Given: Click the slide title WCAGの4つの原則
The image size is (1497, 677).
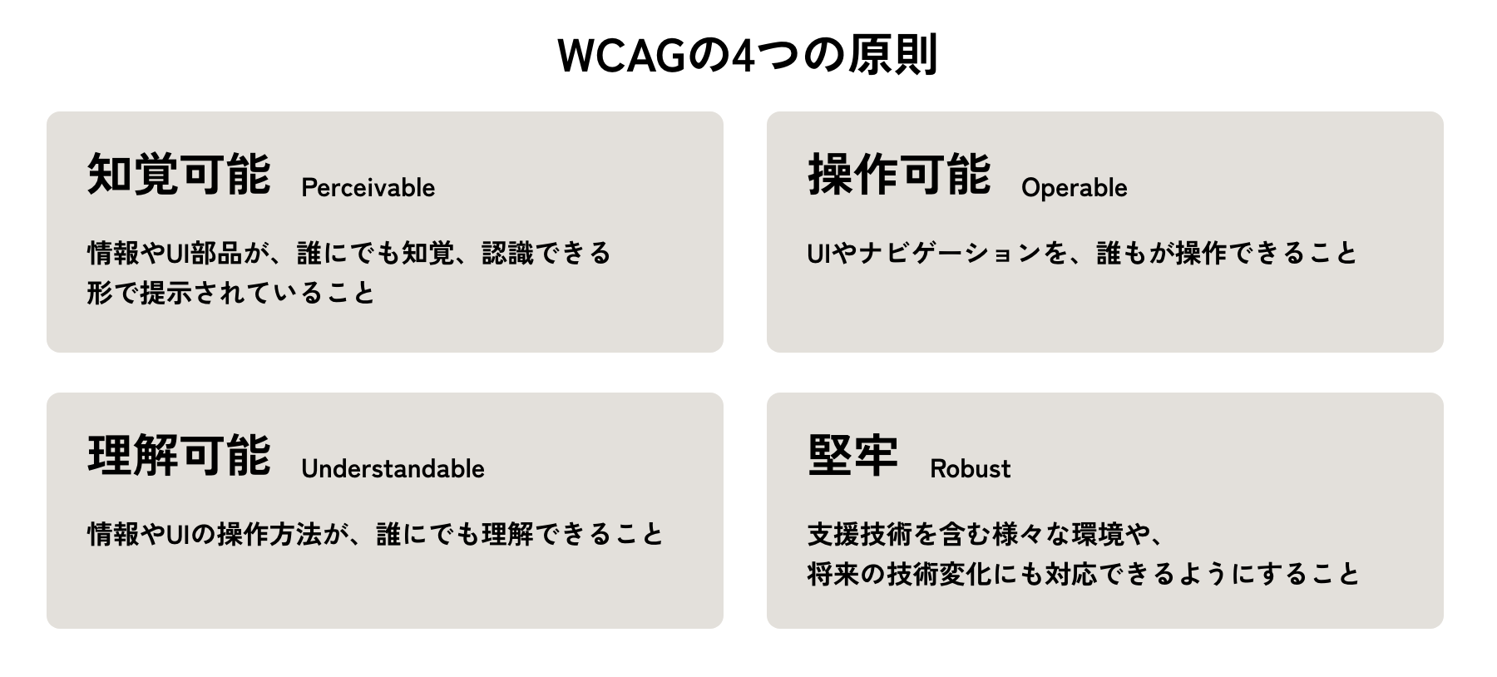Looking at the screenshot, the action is [x=748, y=55].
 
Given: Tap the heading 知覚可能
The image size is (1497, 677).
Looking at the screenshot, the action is [x=179, y=174].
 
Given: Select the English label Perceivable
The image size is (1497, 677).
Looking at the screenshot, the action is [x=368, y=188].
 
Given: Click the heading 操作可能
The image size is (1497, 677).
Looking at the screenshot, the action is [x=899, y=174].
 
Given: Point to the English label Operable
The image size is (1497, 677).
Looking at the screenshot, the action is [x=1074, y=188].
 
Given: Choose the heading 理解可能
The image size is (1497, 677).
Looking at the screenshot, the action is [x=179, y=455].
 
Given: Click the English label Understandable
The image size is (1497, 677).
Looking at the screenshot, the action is [x=393, y=469].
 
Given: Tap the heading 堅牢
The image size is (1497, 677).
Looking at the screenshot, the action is [x=853, y=455].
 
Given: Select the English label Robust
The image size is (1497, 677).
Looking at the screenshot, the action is [x=970, y=469].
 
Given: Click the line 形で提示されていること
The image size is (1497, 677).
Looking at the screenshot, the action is [x=231, y=293].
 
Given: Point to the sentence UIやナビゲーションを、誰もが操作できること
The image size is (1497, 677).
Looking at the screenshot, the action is [x=1082, y=253].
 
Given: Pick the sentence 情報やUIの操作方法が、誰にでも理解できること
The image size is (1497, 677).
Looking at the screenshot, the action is [x=376, y=534].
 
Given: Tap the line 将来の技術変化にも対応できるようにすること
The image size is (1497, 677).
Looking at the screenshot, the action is [x=1083, y=574].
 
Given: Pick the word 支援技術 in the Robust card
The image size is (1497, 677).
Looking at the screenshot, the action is [x=860, y=534].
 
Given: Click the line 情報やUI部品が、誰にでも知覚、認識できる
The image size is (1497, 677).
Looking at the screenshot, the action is [x=349, y=253].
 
